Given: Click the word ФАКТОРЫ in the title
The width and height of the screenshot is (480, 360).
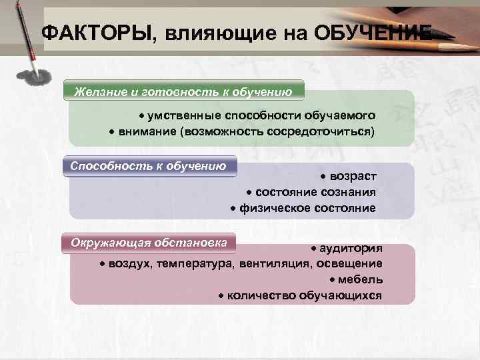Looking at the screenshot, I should (x=96, y=33).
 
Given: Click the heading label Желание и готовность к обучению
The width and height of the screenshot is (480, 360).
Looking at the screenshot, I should (x=183, y=91).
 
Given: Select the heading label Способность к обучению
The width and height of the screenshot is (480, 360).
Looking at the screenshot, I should (x=149, y=166).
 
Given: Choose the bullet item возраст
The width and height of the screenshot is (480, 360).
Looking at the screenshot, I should (x=351, y=176).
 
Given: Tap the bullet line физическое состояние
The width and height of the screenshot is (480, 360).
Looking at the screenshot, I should (x=303, y=208).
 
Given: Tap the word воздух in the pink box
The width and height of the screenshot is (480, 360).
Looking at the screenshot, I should (x=131, y=264).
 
